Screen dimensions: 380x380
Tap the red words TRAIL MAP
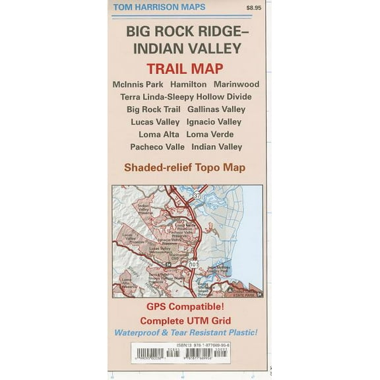pyautogui.click(x=184, y=68)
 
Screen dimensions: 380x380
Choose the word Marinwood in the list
pyautogui.click(x=237, y=84)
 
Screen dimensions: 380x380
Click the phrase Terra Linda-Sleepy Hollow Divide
pyautogui.click(x=186, y=97)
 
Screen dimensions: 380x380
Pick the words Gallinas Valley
pyautogui.click(x=216, y=110)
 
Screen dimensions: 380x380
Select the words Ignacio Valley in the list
pyautogui.click(x=214, y=122)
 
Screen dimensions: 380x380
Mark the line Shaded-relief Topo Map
pyautogui.click(x=185, y=168)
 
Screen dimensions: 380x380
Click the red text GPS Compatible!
pyautogui.click(x=185, y=308)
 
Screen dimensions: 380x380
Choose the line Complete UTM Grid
pyautogui.click(x=185, y=320)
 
